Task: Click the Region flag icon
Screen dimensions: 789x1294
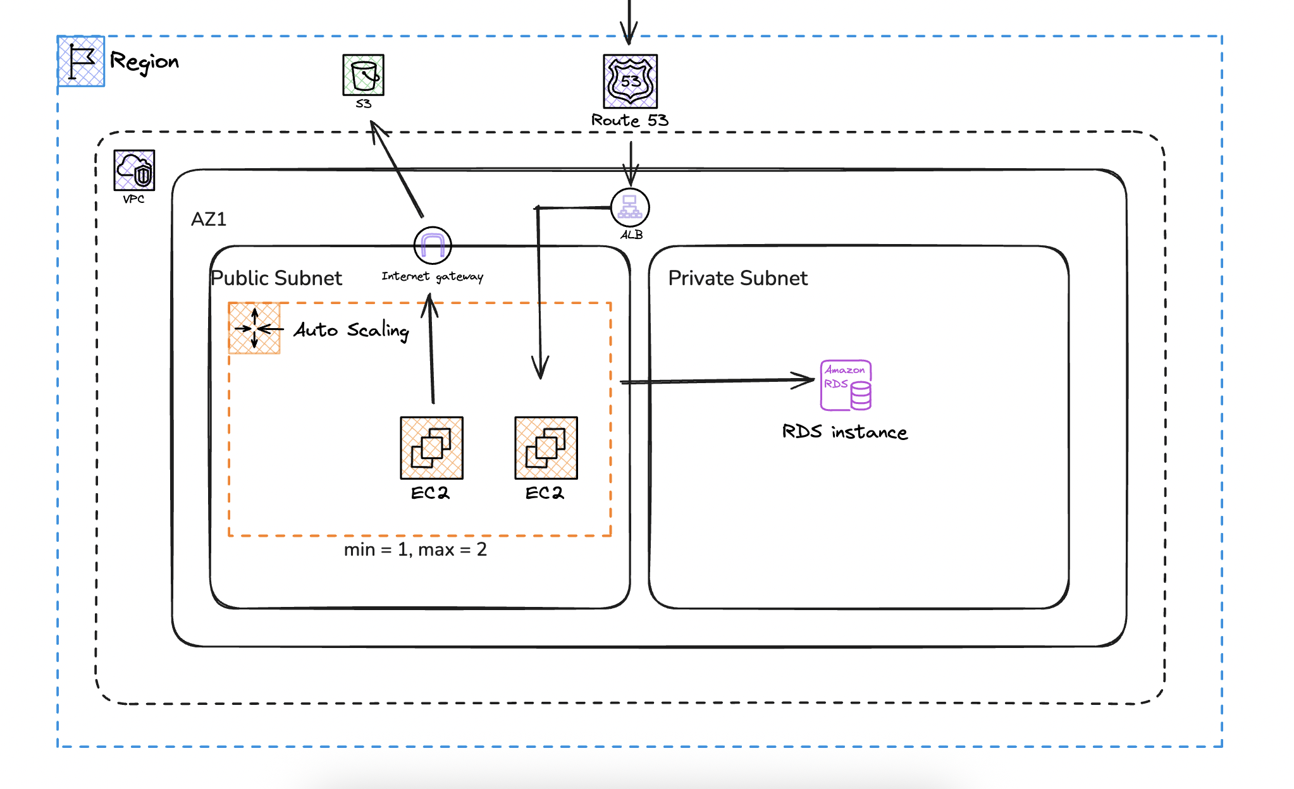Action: pyautogui.click(x=81, y=61)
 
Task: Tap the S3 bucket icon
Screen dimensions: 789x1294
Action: pyautogui.click(x=363, y=75)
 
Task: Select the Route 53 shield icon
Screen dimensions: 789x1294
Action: pyautogui.click(x=630, y=82)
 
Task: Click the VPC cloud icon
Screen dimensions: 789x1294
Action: pyautogui.click(x=134, y=170)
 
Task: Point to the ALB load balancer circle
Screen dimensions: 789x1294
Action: pyautogui.click(x=630, y=207)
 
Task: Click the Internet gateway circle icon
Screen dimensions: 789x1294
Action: pyautogui.click(x=433, y=245)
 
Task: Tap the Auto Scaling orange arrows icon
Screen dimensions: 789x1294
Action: pyautogui.click(x=254, y=328)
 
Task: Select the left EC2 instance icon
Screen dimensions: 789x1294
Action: pyautogui.click(x=432, y=448)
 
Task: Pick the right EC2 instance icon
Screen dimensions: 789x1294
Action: pyautogui.click(x=546, y=448)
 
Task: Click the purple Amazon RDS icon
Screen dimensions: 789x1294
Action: pyautogui.click(x=846, y=385)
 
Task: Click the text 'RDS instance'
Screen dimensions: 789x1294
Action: pyautogui.click(x=845, y=432)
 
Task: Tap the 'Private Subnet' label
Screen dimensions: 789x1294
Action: pyautogui.click(x=737, y=278)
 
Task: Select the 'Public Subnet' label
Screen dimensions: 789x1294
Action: pyautogui.click(x=276, y=278)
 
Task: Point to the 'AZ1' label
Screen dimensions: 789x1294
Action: pyautogui.click(x=209, y=219)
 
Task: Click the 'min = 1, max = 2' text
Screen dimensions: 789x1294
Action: pyautogui.click(x=416, y=549)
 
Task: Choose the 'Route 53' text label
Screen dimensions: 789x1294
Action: pyautogui.click(x=630, y=120)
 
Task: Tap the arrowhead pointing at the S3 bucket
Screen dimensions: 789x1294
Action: pyautogui.click(x=378, y=130)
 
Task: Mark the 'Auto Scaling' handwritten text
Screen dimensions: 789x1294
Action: pyautogui.click(x=352, y=330)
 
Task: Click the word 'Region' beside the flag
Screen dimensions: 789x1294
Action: pyautogui.click(x=144, y=62)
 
